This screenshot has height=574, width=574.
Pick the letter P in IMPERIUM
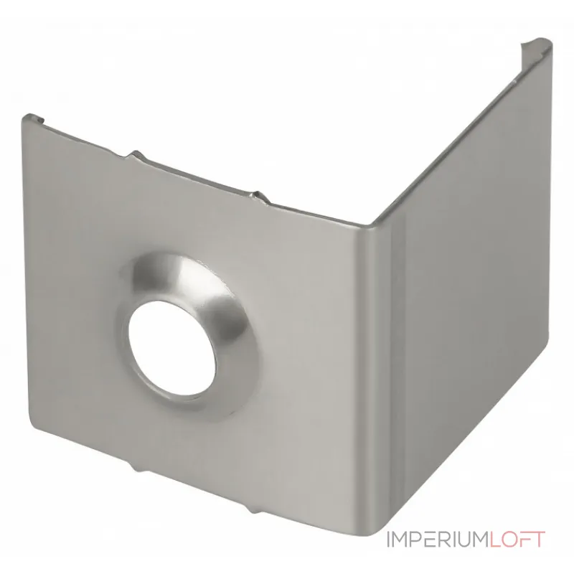tap(418, 540)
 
